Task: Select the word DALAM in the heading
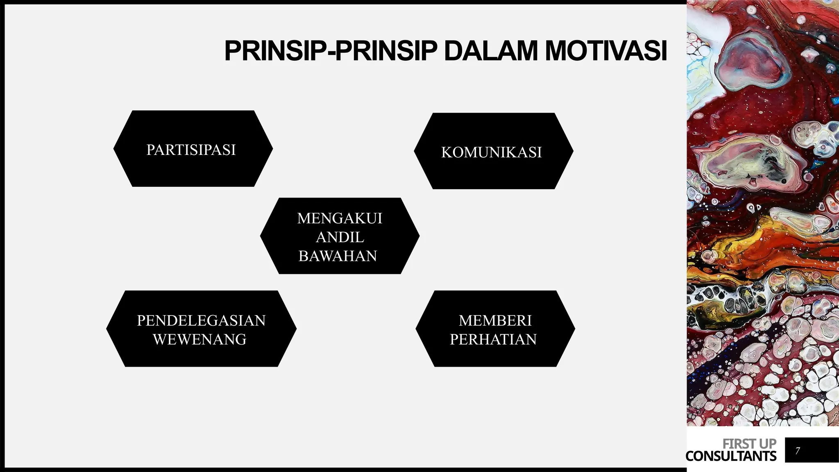click(490, 51)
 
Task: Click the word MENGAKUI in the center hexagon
click(340, 218)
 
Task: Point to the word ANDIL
click(340, 237)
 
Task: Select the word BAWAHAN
click(338, 256)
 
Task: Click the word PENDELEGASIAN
click(201, 320)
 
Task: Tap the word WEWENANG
click(200, 339)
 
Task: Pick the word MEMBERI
click(495, 320)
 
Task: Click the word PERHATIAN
click(493, 339)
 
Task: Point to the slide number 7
click(797, 451)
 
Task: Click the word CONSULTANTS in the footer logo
click(731, 456)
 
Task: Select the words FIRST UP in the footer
click(749, 444)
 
